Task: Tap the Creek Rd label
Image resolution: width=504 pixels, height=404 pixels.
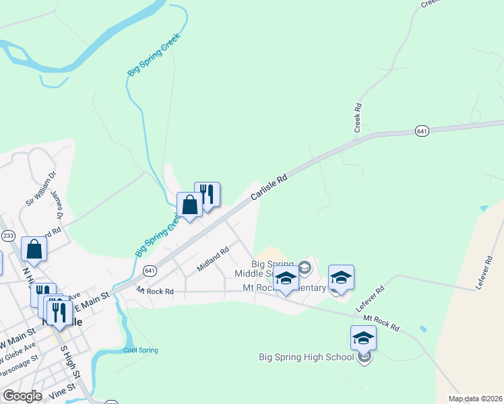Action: pyautogui.click(x=358, y=116)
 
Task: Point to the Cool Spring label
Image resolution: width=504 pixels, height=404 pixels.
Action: pyautogui.click(x=141, y=350)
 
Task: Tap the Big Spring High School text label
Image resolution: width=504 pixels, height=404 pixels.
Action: pyautogui.click(x=307, y=357)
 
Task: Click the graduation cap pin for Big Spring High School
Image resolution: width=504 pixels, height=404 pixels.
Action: pyautogui.click(x=363, y=337)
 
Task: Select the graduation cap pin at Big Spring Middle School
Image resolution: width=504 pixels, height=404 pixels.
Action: pyautogui.click(x=286, y=277)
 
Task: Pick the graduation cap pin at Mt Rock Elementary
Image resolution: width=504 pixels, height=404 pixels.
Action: pyautogui.click(x=341, y=277)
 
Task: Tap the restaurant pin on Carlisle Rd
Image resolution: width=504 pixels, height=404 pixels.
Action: pyautogui.click(x=208, y=194)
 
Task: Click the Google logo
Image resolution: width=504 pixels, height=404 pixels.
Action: pyautogui.click(x=22, y=395)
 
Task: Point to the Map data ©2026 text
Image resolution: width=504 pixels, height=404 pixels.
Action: pyautogui.click(x=475, y=399)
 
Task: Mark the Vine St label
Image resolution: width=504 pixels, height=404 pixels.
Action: pyautogui.click(x=61, y=390)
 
